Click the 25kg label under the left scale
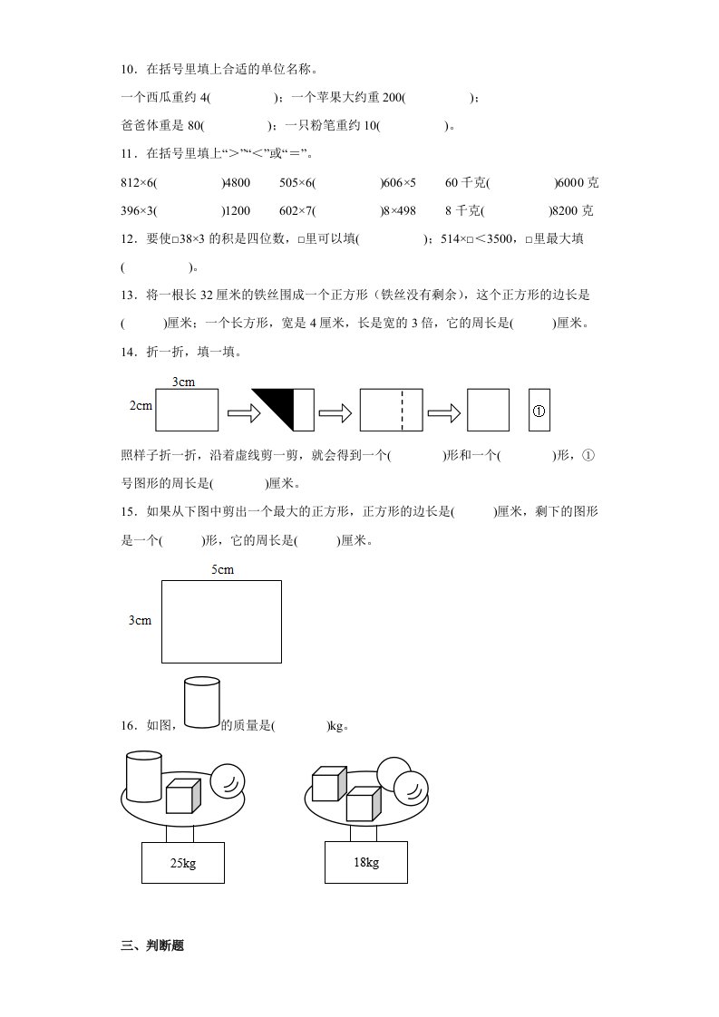[x=182, y=864]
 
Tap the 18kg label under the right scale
[x=365, y=862]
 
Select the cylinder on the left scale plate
[x=142, y=776]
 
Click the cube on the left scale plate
[x=182, y=796]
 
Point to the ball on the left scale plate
[x=227, y=780]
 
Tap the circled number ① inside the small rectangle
[x=539, y=410]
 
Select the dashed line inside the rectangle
[x=402, y=410]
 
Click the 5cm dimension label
[x=222, y=569]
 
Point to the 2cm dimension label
[x=141, y=405]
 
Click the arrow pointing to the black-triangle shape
[x=243, y=412]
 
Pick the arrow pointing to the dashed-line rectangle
[x=335, y=412]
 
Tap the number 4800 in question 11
[x=236, y=183]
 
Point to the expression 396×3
[x=137, y=211]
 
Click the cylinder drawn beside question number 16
[x=201, y=702]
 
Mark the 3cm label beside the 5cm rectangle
[x=140, y=621]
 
